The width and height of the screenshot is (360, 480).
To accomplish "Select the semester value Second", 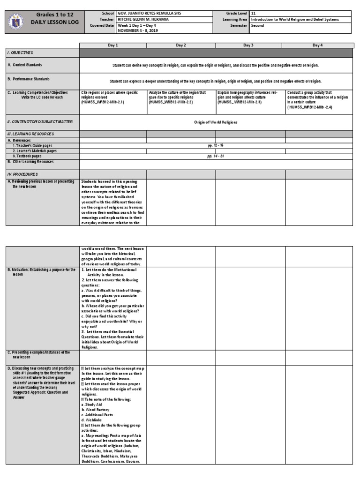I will [258, 25].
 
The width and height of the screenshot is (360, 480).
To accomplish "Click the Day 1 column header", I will [113, 45].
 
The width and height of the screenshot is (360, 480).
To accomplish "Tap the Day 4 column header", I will [317, 45].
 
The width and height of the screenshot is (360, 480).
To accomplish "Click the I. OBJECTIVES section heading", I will [20, 53].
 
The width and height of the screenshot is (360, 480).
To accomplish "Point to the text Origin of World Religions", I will [216, 122].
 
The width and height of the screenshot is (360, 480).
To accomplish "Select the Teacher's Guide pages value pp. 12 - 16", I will [216, 145].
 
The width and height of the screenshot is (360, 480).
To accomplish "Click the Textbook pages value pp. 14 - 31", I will [216, 156].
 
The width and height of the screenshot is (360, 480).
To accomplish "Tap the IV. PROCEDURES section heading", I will [22, 174].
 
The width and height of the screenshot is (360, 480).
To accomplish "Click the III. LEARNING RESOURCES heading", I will [30, 134].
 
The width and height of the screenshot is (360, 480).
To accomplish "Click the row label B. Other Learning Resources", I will [30, 162].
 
